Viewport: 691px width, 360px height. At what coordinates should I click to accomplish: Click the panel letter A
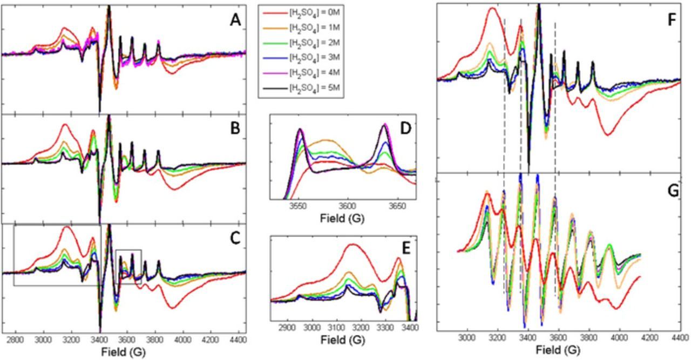pyautogui.click(x=235, y=21)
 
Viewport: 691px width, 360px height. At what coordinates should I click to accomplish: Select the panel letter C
pyautogui.click(x=235, y=238)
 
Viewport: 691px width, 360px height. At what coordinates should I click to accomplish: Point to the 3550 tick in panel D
pyautogui.click(x=298, y=206)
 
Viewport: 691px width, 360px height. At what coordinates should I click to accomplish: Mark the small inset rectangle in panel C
pyautogui.click(x=128, y=267)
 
